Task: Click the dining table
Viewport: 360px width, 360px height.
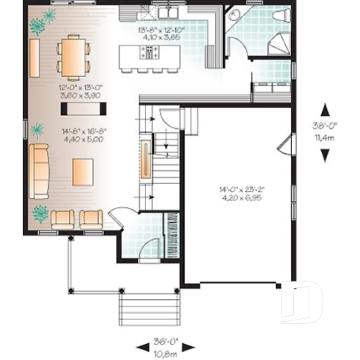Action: pos(72,57)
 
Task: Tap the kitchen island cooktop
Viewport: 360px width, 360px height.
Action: pos(150,51)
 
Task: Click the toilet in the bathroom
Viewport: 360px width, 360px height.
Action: pos(280,15)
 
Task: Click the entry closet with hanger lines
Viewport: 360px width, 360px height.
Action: pos(169,234)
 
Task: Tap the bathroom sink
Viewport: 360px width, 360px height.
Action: pos(234,14)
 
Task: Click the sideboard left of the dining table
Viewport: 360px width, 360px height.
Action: pos(34,56)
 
